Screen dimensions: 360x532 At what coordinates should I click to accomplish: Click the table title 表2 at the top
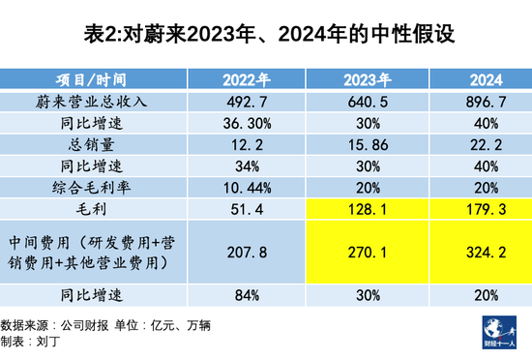[x=265, y=37]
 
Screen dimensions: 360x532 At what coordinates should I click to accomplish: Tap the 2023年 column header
[x=367, y=79]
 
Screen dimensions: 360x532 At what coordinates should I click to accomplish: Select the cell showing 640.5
[x=367, y=102]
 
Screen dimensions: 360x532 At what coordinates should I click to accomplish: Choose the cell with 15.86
[x=367, y=144]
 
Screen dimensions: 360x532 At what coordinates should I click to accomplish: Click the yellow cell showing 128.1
[x=367, y=208]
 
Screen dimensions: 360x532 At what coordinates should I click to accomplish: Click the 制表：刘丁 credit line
[x=36, y=340]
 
